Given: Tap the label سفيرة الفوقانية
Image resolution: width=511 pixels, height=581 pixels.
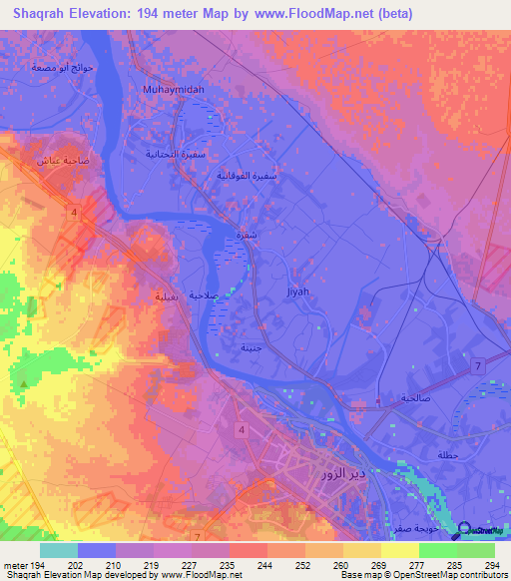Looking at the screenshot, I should click(x=247, y=175).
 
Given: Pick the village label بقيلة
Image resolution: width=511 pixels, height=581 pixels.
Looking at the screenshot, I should click(x=166, y=296).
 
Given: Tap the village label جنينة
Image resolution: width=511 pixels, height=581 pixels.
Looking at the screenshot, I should click(x=251, y=347).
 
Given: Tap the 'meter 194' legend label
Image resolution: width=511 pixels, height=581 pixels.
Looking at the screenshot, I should click(x=23, y=566).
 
